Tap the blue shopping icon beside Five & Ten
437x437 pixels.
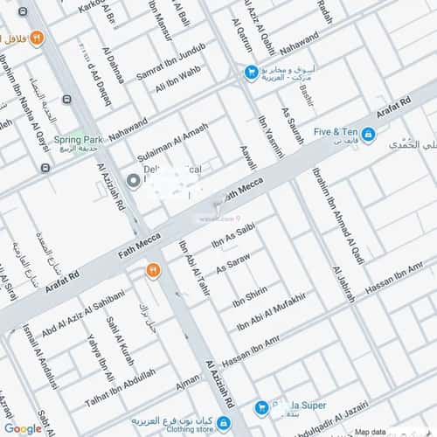pos(369,134)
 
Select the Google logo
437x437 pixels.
pos(22,427)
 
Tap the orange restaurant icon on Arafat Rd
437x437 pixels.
pos(153,271)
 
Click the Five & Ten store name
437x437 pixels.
pos(333,133)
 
